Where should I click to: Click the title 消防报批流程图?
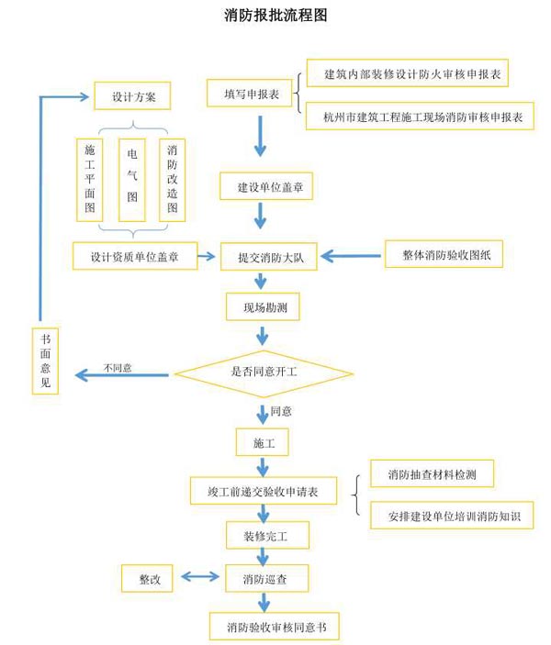[x=275, y=16]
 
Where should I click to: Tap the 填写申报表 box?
[x=250, y=94]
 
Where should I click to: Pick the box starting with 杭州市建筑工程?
[x=419, y=117]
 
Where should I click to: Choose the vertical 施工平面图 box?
[x=89, y=180]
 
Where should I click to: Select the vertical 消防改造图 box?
[x=172, y=180]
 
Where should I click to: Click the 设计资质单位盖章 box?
[x=135, y=256]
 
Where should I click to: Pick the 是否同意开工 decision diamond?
[x=264, y=373]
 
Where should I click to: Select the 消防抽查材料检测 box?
[x=432, y=473]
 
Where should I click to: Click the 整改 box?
[x=149, y=579]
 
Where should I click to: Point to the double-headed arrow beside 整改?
[x=199, y=578]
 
